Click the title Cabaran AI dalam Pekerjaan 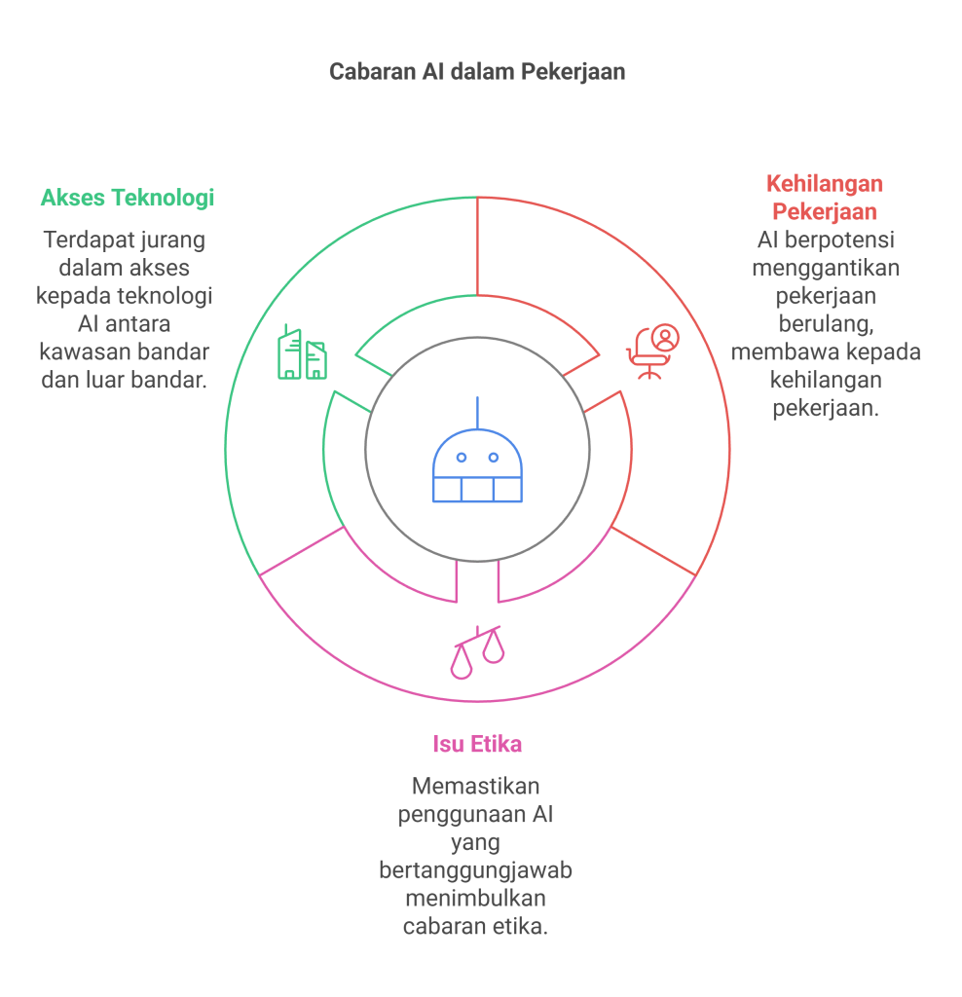click(x=476, y=72)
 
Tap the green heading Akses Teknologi click(x=128, y=198)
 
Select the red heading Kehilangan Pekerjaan click(x=825, y=197)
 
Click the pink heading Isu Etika click(x=477, y=744)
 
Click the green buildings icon click(x=302, y=352)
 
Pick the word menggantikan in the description click(x=826, y=267)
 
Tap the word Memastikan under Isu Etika click(x=476, y=785)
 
